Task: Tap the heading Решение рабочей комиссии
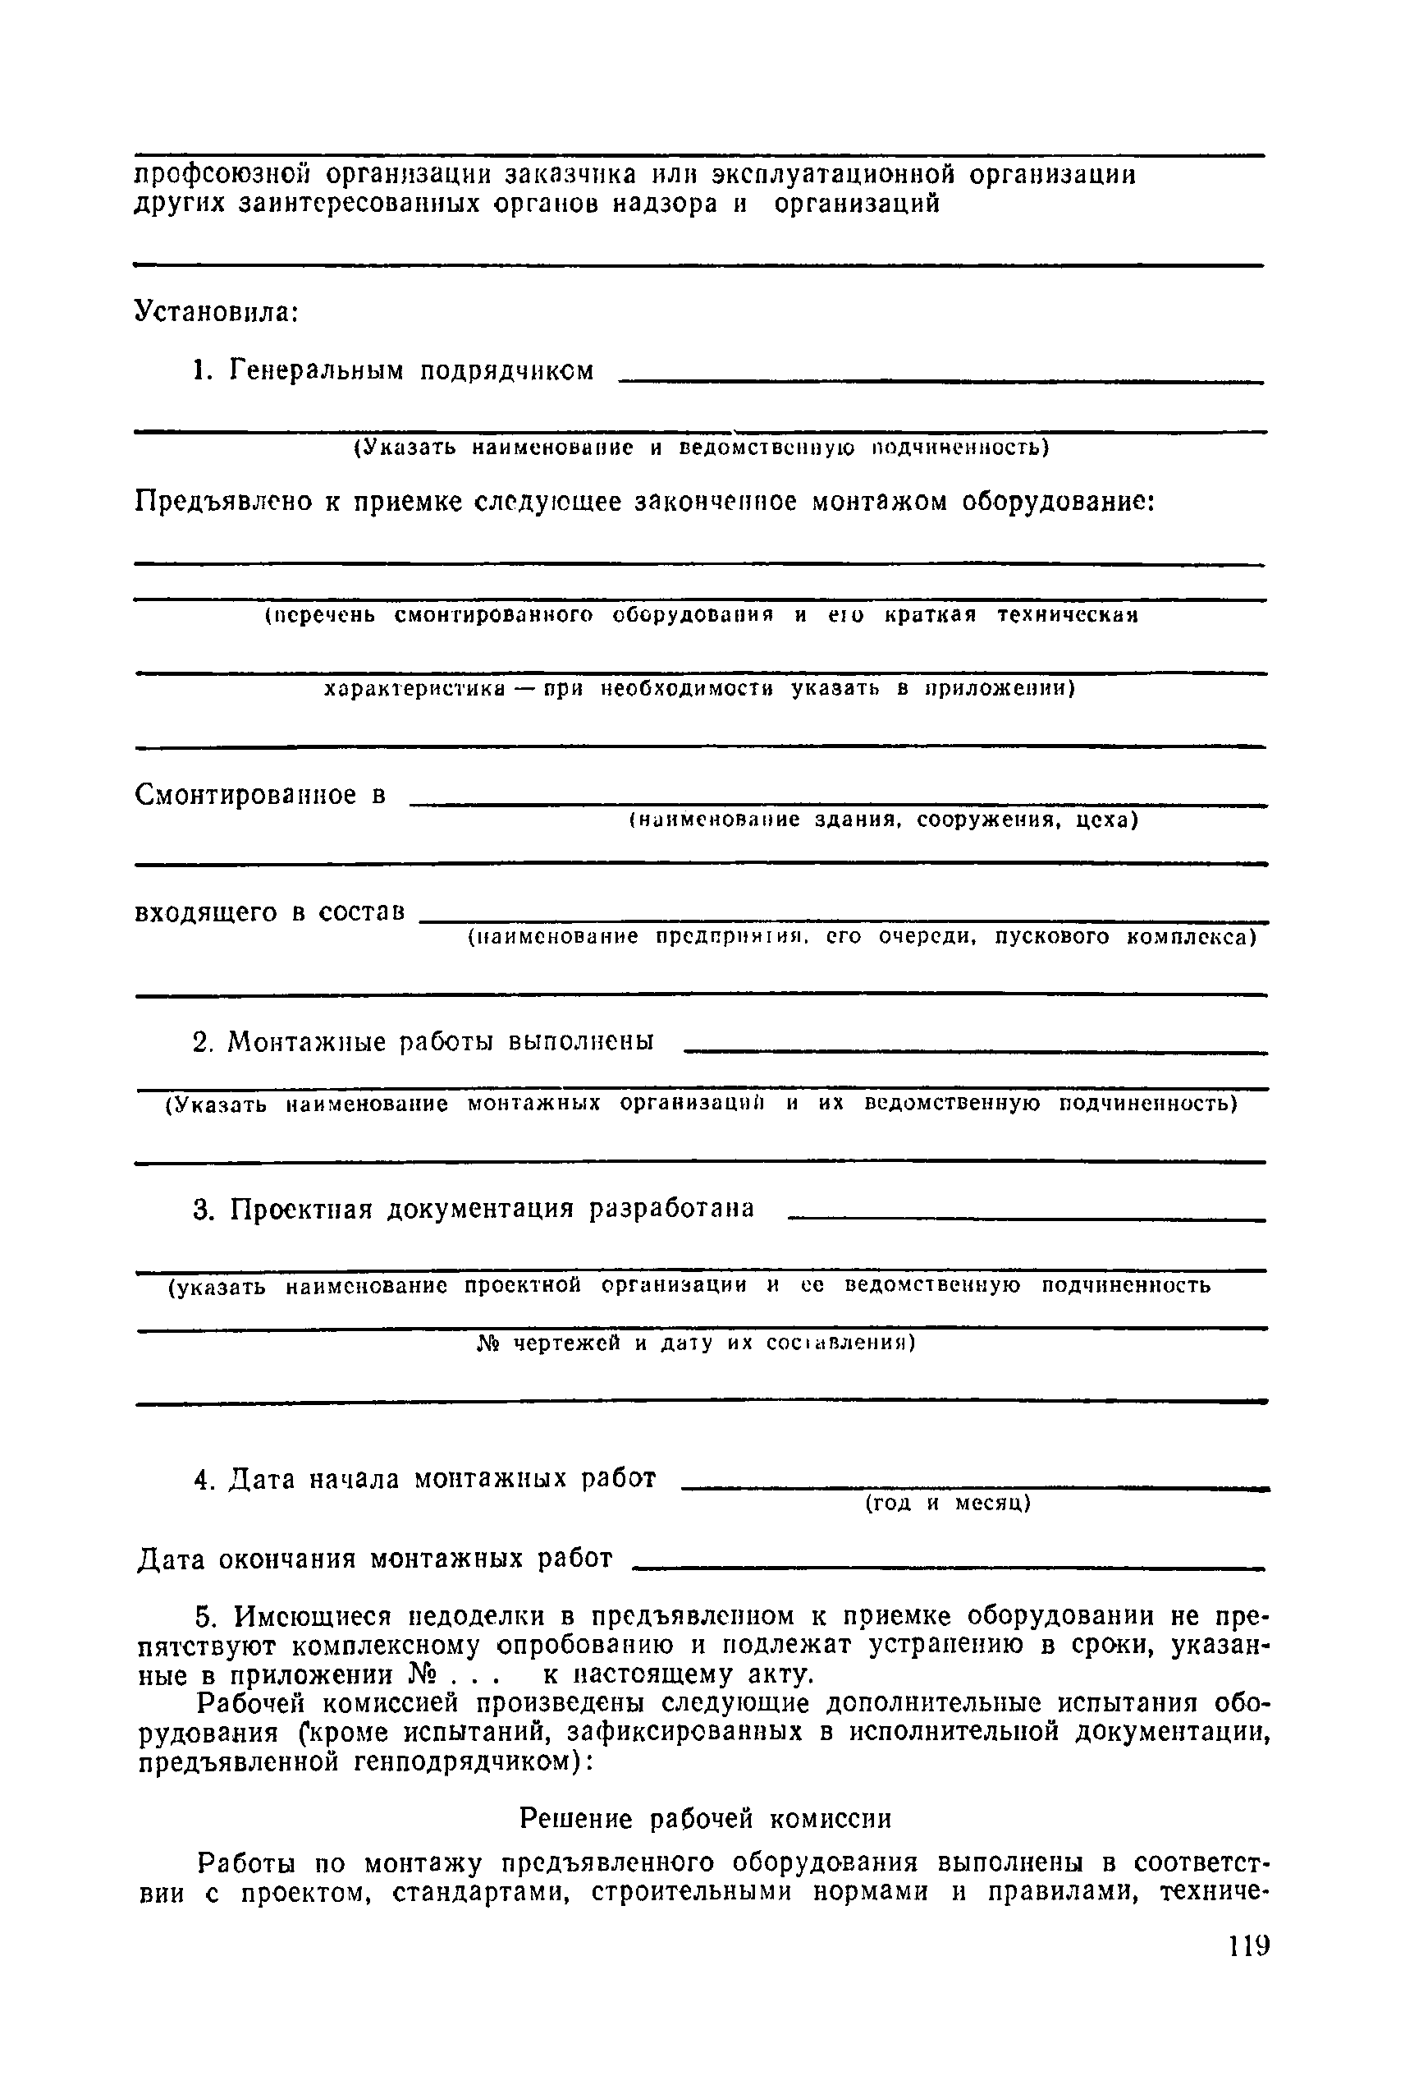(x=706, y=1819)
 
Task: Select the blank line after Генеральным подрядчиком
(x=940, y=382)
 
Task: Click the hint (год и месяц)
(x=948, y=1504)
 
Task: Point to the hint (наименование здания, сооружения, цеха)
(x=882, y=820)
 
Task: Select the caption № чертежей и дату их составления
(x=695, y=1343)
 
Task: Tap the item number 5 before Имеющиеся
(x=205, y=1617)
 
